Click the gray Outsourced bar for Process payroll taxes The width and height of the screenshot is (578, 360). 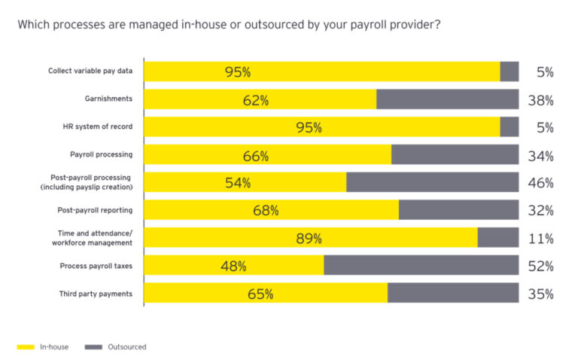(x=421, y=265)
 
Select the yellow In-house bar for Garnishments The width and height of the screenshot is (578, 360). (x=260, y=99)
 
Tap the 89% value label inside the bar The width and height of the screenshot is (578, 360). (x=309, y=238)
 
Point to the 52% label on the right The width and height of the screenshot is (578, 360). (x=540, y=266)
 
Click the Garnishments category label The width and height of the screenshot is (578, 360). (x=108, y=99)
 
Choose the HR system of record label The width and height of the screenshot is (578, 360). (x=99, y=127)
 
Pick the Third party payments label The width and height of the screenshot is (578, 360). (x=96, y=294)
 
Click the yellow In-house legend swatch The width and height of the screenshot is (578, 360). (x=26, y=347)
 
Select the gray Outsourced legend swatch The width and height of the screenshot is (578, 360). (x=93, y=347)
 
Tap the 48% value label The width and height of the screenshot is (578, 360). (x=233, y=266)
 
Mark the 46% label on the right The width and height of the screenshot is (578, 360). (x=540, y=183)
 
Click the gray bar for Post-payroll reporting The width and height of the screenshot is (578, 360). (x=458, y=210)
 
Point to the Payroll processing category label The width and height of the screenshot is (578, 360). (x=101, y=154)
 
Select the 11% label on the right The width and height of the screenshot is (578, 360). (x=540, y=239)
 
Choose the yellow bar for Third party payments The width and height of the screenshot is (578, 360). (x=265, y=294)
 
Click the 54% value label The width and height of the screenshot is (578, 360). (x=238, y=183)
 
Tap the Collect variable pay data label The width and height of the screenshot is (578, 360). (x=90, y=71)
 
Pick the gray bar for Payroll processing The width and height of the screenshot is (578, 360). (x=455, y=154)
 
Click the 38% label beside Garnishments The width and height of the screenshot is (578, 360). (x=540, y=100)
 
